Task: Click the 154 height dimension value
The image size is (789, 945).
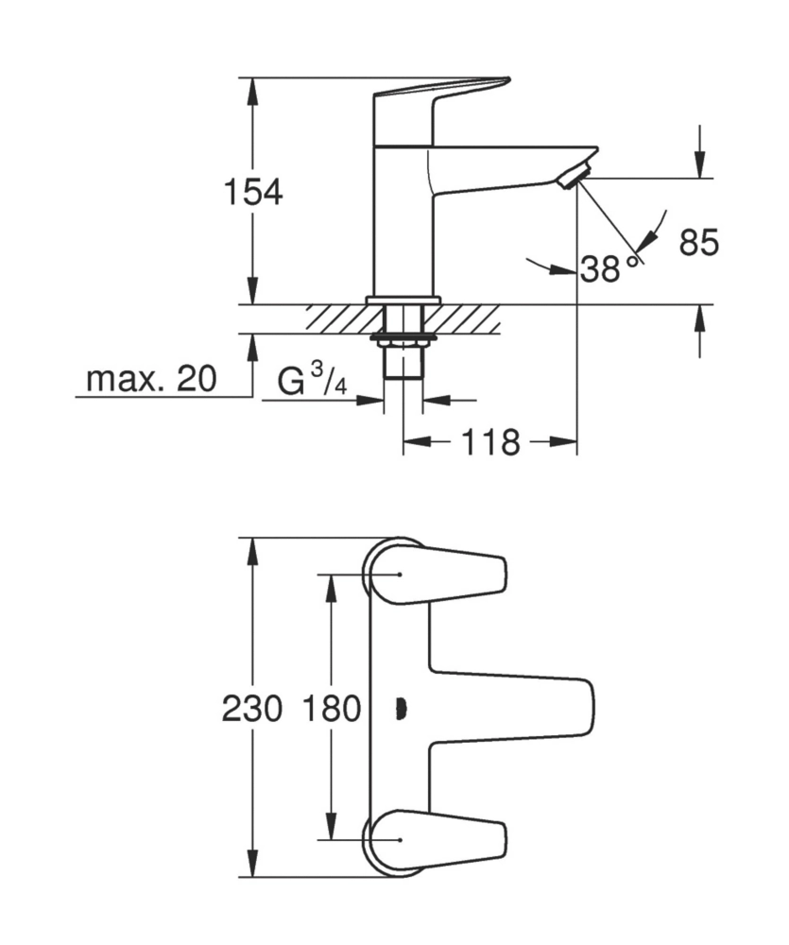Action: click(x=252, y=192)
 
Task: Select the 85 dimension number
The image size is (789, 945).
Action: click(x=699, y=243)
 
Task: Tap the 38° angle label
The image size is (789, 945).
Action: click(x=601, y=269)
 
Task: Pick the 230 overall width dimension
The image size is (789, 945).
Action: click(x=252, y=708)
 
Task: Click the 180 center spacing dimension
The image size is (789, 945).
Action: click(x=332, y=708)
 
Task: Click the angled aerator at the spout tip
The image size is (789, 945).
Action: click(x=574, y=177)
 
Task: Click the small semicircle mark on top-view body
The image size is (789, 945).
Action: click(x=401, y=707)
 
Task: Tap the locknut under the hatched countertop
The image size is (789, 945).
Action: click(x=403, y=336)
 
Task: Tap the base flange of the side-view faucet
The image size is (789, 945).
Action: click(x=403, y=300)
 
